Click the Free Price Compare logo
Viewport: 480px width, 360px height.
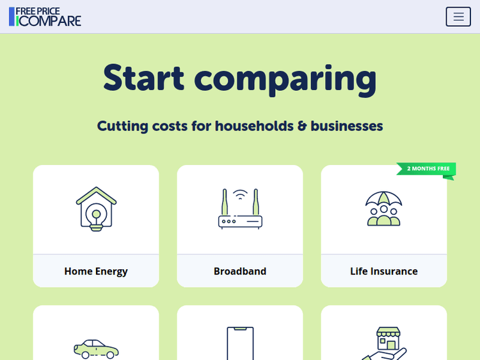tap(45, 17)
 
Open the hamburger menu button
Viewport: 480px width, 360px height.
tap(458, 17)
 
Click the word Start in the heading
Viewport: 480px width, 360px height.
tap(143, 78)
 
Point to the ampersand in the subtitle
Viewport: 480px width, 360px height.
tap(302, 126)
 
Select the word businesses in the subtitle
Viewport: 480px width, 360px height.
tap(346, 126)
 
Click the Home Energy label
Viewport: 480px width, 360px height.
tap(96, 271)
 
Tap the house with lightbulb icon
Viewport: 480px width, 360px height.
tap(96, 208)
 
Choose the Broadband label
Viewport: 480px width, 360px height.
tap(240, 271)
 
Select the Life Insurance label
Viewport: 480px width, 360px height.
tap(384, 271)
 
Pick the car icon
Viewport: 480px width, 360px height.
tap(96, 349)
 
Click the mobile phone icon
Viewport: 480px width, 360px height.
tap(240, 344)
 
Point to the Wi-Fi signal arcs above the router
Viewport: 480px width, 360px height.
tap(240, 194)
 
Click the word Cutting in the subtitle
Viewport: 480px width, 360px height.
tap(122, 126)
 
